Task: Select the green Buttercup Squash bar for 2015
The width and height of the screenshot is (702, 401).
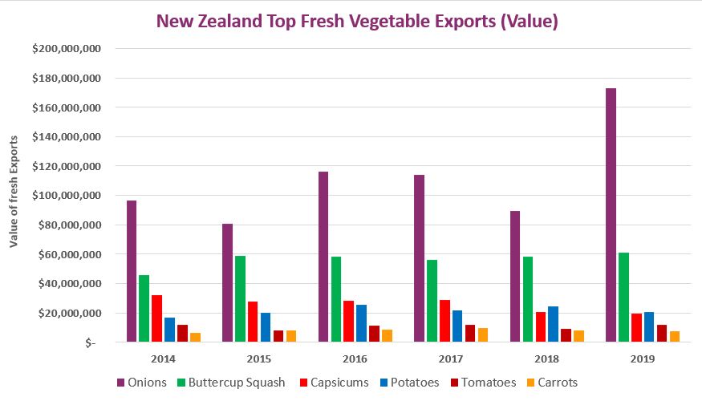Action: point(240,299)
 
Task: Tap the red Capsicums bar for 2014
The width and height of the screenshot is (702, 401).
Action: point(156,318)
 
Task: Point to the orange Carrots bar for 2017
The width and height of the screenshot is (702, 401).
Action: point(482,334)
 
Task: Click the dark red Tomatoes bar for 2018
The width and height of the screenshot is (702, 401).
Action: point(566,335)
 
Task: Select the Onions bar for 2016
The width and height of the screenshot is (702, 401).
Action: point(323,257)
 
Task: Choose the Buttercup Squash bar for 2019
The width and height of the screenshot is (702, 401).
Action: point(623,298)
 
